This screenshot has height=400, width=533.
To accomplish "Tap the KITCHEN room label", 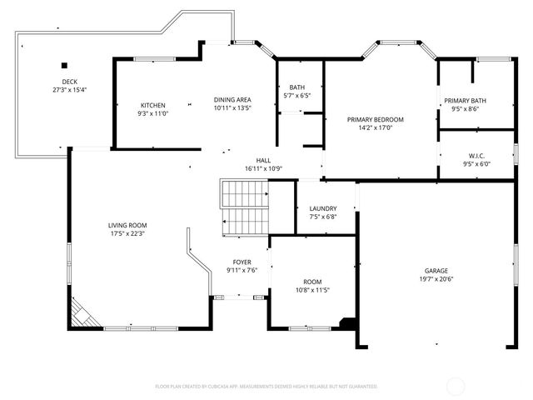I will point(152,105).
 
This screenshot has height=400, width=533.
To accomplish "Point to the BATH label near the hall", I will point(296,87).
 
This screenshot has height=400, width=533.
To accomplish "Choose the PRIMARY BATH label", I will point(465,100).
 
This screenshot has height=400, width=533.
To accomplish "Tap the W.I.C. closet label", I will point(476,155).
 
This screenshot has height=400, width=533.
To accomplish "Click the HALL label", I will point(263,160).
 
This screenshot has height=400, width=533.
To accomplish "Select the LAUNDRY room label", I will point(322,208).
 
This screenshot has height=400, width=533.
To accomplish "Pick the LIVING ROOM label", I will point(127,225).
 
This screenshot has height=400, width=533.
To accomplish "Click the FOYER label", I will point(242,262).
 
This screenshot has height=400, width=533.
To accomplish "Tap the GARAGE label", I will point(437,271).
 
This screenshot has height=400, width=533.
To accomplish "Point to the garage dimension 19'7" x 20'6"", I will point(437,279).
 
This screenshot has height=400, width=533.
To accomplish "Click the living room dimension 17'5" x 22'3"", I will point(127,233).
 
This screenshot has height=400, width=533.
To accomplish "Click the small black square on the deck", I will point(63,65).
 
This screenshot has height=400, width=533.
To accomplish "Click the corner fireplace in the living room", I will point(81,315).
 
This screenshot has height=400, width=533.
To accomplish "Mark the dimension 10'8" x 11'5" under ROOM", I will point(312,290).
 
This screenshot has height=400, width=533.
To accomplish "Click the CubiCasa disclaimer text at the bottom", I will point(266,387).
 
